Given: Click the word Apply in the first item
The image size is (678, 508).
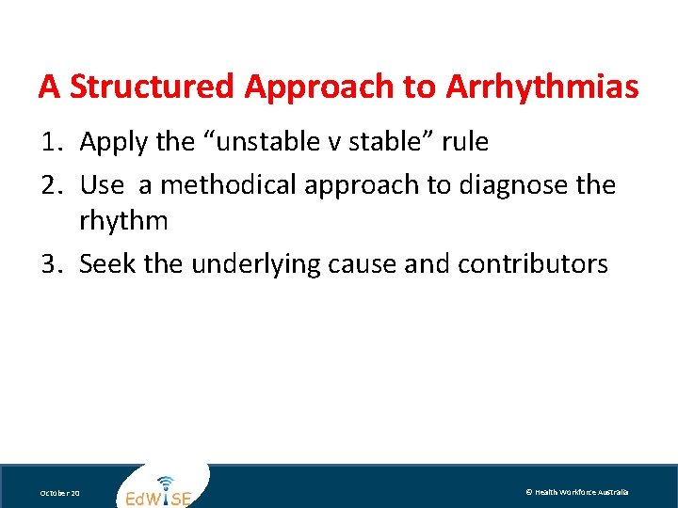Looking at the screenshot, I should (110, 143).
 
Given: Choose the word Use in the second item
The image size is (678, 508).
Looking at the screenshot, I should (102, 184).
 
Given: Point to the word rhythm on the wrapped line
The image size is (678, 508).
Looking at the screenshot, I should (123, 222).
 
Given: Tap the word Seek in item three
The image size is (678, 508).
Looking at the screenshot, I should (105, 264).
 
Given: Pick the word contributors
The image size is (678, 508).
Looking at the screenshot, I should (532, 264).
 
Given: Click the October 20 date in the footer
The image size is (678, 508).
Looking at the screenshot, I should (58, 493).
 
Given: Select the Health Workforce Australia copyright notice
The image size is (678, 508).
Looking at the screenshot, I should (576, 492).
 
